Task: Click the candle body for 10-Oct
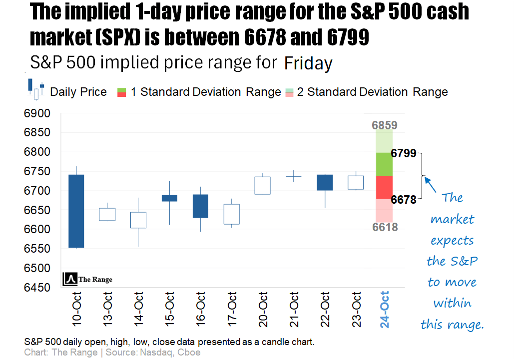coord(76,211)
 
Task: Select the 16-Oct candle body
coord(201,206)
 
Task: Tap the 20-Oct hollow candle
coord(263,185)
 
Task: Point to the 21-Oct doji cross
coord(294,176)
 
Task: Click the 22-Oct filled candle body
coord(325,183)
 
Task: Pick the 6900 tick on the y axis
coord(37,113)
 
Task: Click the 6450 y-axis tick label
coord(37,288)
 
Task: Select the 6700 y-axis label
coord(37,191)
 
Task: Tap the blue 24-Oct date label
coord(385,309)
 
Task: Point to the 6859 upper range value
coord(384,125)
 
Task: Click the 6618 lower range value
coord(384,227)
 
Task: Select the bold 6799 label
coord(404,153)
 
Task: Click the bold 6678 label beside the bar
coord(404,200)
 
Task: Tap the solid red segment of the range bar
coord(384,187)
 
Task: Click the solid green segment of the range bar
coord(384,164)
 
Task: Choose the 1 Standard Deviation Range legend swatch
coord(122,92)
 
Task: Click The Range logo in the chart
coord(88,280)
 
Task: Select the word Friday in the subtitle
coord(308,63)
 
